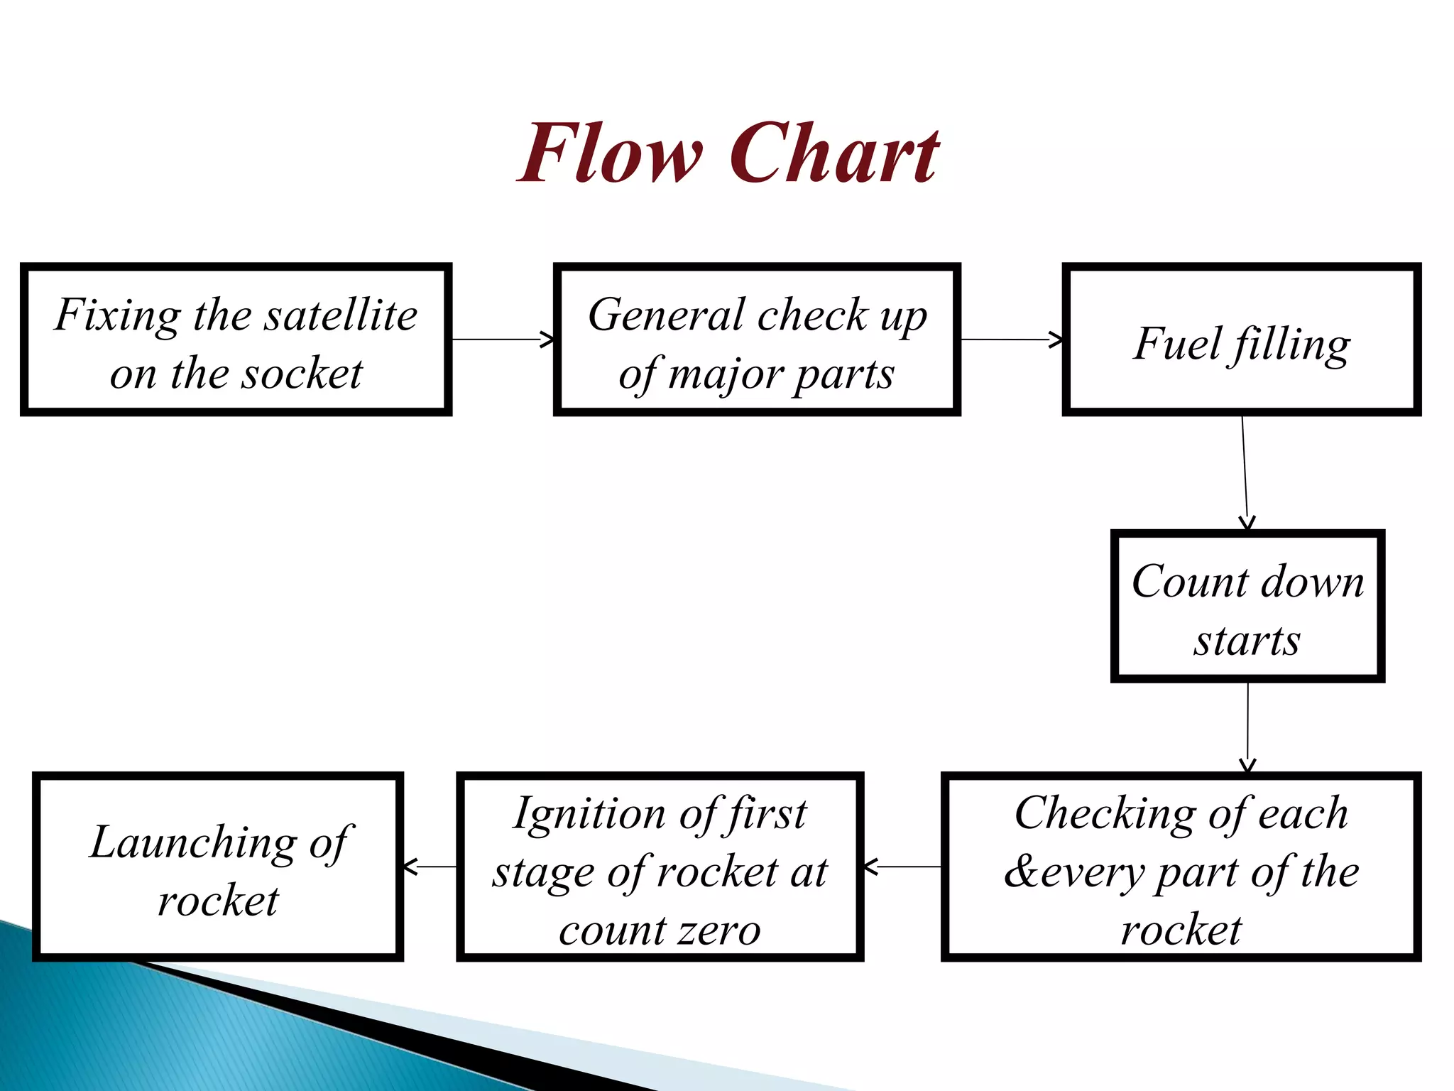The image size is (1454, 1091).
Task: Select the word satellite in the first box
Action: point(341,315)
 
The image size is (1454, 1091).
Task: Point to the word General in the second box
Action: point(667,315)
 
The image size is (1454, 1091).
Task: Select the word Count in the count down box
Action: point(1190,582)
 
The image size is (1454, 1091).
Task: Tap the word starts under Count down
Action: point(1247,641)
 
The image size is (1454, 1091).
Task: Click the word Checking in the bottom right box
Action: point(1105,813)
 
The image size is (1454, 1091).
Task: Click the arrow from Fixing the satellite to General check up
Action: point(503,340)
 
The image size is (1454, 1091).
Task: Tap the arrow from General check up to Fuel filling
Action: point(1012,340)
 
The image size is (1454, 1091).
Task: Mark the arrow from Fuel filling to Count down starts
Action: point(1245,472)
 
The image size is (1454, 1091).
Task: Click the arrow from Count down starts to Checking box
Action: point(1247,727)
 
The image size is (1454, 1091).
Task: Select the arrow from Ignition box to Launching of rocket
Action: point(430,867)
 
